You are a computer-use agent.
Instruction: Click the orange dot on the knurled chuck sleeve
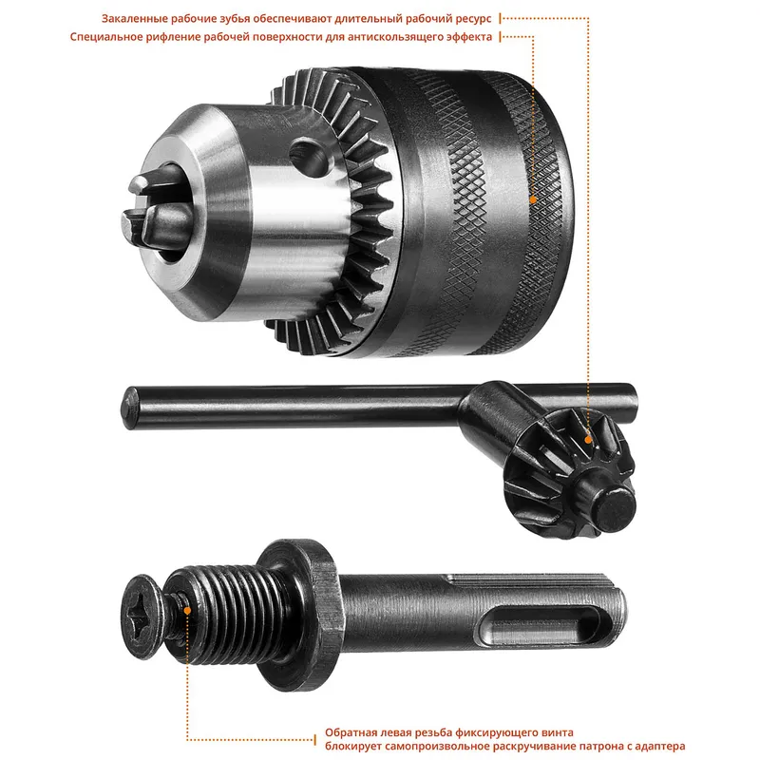(533, 199)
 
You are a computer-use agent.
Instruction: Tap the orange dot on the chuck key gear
(587, 440)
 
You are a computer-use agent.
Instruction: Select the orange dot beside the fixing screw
(187, 611)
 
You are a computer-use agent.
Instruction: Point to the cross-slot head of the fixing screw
(144, 617)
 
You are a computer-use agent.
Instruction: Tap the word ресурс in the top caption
(473, 19)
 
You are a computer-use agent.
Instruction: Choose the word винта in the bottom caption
(558, 732)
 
